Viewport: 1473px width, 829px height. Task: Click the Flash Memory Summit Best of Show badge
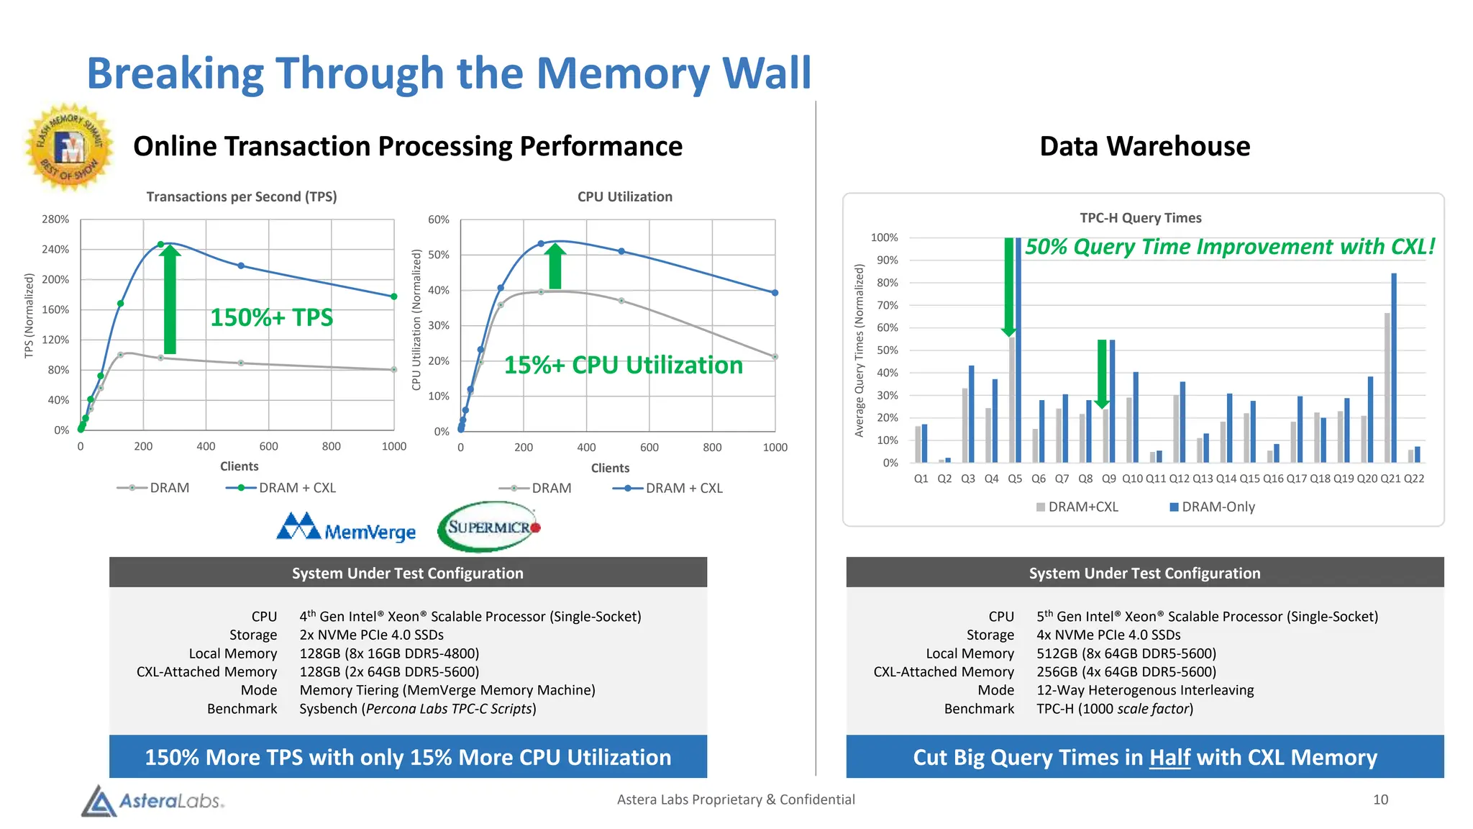70,147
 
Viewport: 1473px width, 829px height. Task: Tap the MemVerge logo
346,528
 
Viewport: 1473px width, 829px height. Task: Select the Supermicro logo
490,527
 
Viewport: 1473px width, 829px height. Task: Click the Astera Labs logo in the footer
153,800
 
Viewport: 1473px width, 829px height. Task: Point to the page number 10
1380,799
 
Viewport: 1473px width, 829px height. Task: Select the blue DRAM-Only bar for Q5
1018,350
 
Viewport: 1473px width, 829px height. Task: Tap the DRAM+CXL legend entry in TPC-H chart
1077,507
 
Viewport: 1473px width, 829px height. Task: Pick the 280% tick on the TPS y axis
55,219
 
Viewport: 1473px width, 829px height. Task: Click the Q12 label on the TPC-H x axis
1179,479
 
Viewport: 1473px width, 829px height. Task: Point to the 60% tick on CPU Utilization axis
438,219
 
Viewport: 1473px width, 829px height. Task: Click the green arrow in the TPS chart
170,299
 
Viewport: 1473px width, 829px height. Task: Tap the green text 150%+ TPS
271,317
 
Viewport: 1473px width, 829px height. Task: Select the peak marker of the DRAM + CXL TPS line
160,245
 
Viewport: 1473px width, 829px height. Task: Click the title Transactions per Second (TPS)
242,196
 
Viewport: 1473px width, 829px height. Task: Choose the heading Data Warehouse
1144,146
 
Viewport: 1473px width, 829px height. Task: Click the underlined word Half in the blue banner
1169,757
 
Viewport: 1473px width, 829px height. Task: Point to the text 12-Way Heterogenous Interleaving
1144,690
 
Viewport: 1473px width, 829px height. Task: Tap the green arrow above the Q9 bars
1102,373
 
